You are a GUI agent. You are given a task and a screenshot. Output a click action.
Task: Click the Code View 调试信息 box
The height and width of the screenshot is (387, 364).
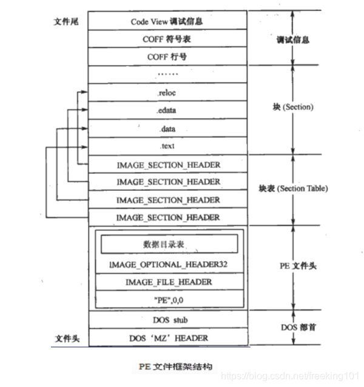167,21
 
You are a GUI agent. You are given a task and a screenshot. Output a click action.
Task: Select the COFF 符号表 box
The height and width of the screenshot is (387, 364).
167,39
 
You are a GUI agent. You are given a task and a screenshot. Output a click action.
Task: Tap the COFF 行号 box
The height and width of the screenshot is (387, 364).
167,57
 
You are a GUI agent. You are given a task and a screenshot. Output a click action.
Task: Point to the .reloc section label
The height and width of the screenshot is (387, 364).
167,93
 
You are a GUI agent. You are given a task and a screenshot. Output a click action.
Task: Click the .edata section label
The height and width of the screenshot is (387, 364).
167,111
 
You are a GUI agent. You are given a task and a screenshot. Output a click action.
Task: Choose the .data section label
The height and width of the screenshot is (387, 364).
167,129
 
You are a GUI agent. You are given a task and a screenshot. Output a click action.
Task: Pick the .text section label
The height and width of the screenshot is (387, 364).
167,146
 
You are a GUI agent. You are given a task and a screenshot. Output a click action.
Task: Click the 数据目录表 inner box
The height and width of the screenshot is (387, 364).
167,244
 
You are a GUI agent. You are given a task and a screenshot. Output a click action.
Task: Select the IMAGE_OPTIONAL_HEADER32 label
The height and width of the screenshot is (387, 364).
167,265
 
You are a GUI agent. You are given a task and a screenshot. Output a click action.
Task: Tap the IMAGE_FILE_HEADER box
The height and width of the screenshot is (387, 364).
167,282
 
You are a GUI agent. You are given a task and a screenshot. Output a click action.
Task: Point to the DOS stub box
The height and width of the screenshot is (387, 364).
167,319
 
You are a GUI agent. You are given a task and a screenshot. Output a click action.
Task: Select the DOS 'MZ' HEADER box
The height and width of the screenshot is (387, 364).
167,338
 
